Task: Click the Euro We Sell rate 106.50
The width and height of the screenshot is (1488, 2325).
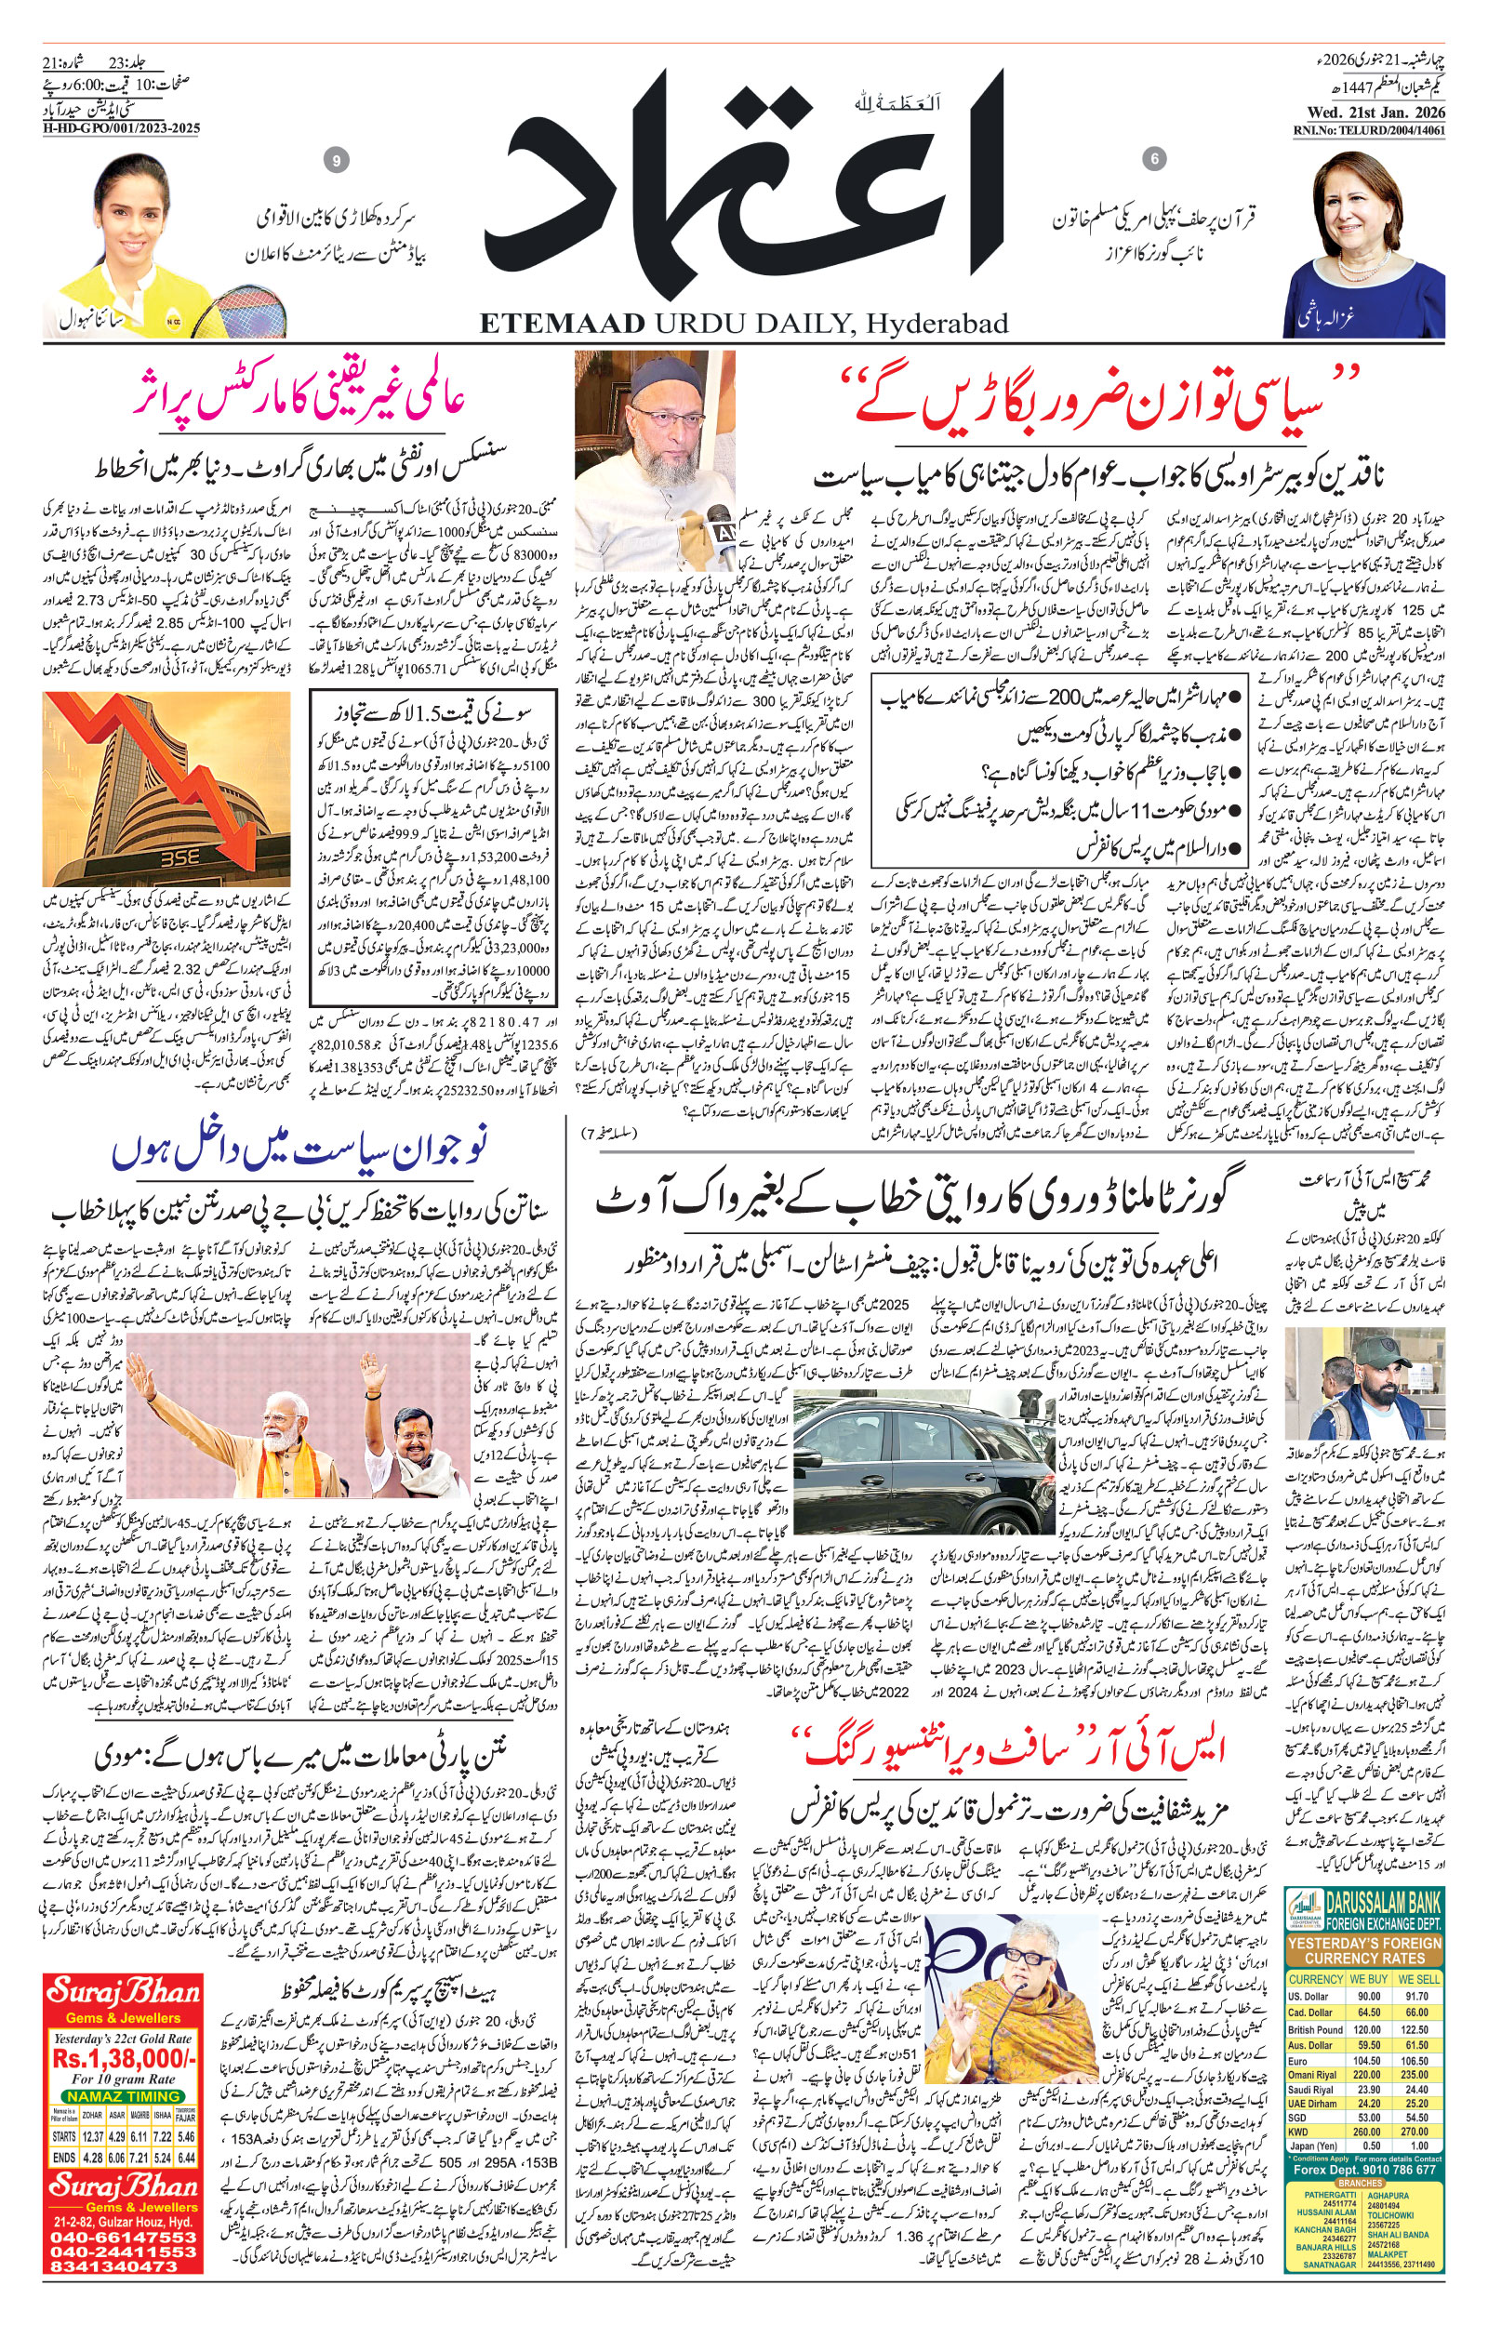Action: tap(1415, 2061)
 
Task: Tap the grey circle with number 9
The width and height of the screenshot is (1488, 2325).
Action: tap(336, 161)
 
